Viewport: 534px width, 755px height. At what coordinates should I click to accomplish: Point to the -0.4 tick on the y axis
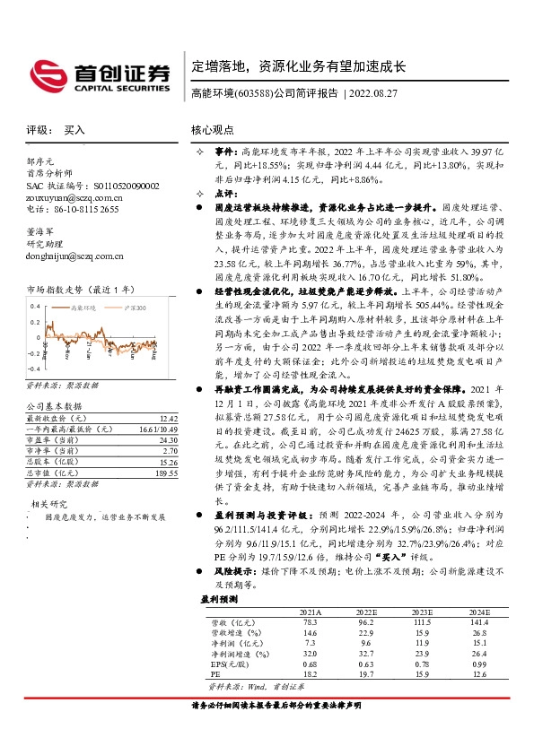pos(33,369)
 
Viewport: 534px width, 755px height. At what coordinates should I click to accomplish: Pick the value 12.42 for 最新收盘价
pos(167,418)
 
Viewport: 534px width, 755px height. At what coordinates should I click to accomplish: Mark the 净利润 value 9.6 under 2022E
pos(364,642)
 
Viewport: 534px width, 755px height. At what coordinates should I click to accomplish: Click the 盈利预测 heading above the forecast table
pos(219,598)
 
